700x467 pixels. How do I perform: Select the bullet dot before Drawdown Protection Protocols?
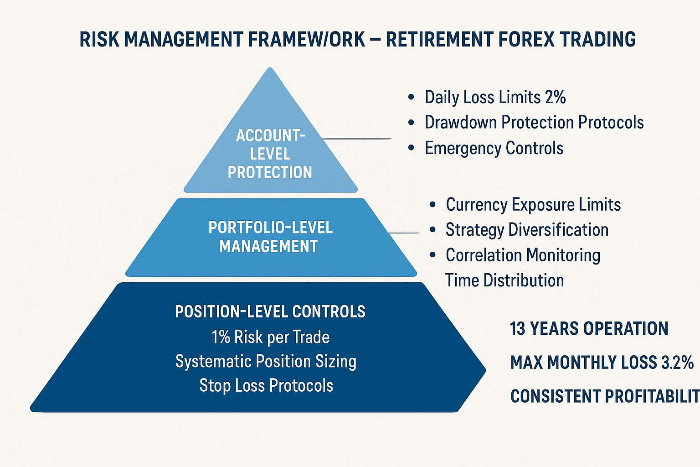[411, 122]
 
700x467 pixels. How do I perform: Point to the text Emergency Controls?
[494, 148]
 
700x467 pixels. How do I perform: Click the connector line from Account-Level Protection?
[356, 139]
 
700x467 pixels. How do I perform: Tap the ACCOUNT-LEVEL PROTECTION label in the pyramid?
[270, 154]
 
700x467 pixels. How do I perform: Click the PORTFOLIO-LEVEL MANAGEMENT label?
[270, 237]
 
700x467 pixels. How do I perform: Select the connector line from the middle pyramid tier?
[403, 233]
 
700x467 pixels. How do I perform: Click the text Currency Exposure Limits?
[533, 205]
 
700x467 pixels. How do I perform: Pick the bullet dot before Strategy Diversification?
[433, 230]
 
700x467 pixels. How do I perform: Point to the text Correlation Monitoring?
[523, 255]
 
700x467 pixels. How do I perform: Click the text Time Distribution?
[504, 280]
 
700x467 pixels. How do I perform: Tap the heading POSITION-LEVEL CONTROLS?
[270, 311]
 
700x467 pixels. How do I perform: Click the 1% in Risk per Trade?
[221, 337]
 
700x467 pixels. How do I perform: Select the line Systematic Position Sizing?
[266, 362]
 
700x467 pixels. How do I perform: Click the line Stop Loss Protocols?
[266, 385]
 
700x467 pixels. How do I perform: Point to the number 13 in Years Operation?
[517, 328]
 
